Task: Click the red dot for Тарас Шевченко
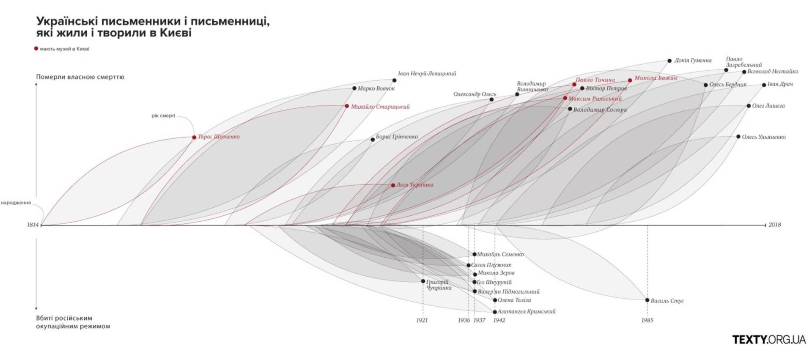(194, 137)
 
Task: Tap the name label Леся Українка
(414, 185)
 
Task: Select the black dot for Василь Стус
(647, 300)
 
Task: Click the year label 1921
(422, 320)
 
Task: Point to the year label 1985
(647, 320)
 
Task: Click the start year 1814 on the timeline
(33, 225)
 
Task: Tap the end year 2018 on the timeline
(774, 225)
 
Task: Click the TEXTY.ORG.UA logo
(769, 339)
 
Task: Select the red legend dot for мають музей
(36, 49)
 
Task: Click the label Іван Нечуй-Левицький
(427, 74)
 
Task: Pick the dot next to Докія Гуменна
(669, 61)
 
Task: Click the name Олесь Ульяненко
(764, 137)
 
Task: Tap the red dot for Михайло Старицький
(347, 106)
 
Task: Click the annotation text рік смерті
(163, 115)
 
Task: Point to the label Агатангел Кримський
(526, 311)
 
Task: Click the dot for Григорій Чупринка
(423, 281)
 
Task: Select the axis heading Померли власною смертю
(80, 77)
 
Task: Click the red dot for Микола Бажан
(630, 80)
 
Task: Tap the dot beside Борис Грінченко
(373, 140)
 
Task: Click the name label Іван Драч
(780, 84)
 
